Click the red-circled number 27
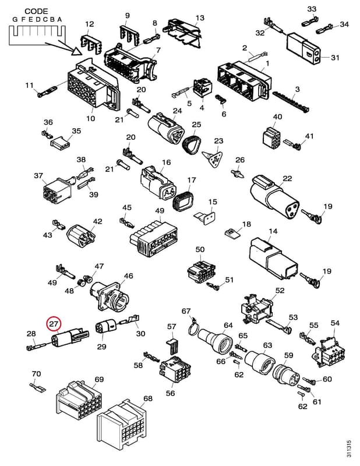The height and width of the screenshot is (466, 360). [x=53, y=324]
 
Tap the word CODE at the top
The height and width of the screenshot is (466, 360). [x=36, y=12]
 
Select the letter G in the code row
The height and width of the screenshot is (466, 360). [x=15, y=20]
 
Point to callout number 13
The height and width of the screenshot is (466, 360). [x=200, y=18]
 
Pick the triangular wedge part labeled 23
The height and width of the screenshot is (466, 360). [x=213, y=158]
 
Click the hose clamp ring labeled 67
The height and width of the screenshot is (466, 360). [x=194, y=327]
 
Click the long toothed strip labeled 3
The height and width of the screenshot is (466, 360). [x=291, y=101]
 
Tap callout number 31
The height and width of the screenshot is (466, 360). [x=335, y=57]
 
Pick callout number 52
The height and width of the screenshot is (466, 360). [x=280, y=290]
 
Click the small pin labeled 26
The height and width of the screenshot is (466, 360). [x=238, y=173]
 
